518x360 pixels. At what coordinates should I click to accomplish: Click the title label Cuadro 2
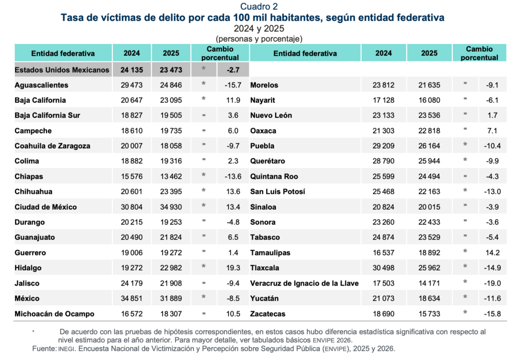point(259,6)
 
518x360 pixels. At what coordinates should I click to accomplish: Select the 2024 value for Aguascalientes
point(132,85)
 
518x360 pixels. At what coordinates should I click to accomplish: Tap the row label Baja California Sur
point(47,115)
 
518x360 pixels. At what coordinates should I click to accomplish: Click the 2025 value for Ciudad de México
point(171,207)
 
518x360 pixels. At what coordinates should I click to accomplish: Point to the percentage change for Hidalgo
point(233,268)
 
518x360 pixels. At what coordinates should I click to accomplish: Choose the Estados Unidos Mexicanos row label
point(62,70)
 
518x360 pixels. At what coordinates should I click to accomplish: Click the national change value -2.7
point(233,70)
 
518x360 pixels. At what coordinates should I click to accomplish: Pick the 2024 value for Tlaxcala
point(383,268)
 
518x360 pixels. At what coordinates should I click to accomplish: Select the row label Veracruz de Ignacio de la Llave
point(304,284)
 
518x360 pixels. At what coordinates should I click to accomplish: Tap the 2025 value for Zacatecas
point(429,314)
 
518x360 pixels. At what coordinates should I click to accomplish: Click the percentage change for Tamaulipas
point(492,253)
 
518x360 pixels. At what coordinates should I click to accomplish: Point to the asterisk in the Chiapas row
point(203,175)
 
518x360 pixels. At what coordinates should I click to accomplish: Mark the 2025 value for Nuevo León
point(429,115)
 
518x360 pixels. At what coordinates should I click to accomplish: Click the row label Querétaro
point(267,161)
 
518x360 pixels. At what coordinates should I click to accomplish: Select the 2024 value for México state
point(132,299)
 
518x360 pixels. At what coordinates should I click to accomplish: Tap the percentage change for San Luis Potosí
point(492,191)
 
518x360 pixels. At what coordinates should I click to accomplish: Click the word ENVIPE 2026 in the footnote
point(332,340)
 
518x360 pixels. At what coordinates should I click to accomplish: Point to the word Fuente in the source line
point(44,349)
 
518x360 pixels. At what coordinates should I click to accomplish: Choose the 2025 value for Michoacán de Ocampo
point(171,314)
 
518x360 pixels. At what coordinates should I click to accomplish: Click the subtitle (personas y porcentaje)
point(259,38)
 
